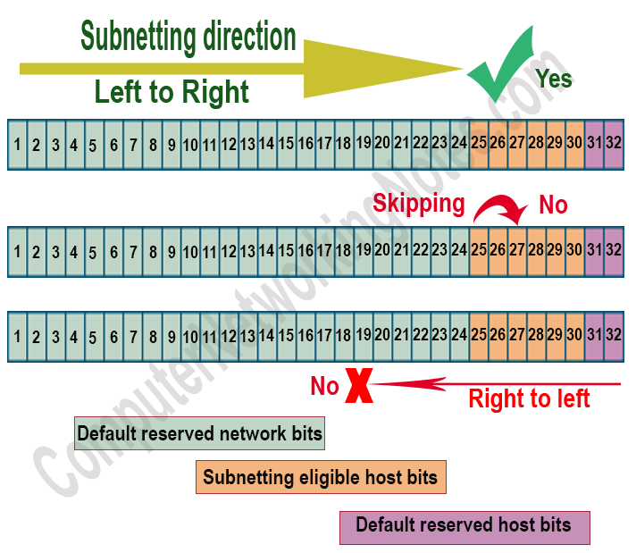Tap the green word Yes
click(554, 79)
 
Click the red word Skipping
click(419, 204)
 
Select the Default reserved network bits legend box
click(199, 434)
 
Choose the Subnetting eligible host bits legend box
click(320, 478)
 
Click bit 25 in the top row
click(479, 143)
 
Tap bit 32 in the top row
click(613, 143)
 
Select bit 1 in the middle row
click(17, 251)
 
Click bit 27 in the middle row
click(517, 251)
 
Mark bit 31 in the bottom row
click(594, 336)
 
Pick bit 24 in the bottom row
click(459, 336)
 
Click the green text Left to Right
click(172, 92)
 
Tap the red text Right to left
click(529, 398)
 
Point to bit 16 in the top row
click(305, 143)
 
